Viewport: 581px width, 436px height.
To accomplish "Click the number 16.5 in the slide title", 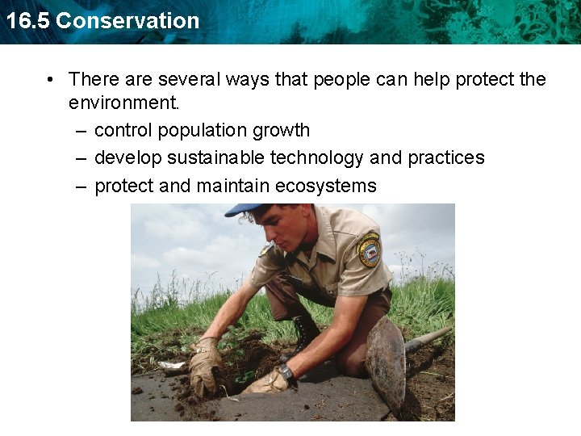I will pyautogui.click(x=27, y=20).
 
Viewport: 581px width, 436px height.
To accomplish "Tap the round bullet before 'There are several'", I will pyautogui.click(x=50, y=79).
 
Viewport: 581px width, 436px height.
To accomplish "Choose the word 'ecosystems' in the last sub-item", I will pyautogui.click(x=326, y=186).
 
